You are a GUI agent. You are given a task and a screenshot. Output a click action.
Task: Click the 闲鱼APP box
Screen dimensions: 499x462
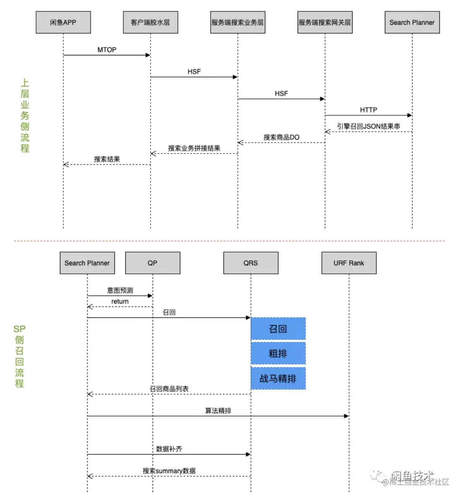pos(63,22)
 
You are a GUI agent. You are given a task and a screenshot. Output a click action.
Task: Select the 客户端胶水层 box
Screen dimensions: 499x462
pos(151,22)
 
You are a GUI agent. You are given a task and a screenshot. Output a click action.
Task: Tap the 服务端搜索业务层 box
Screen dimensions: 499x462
pos(238,22)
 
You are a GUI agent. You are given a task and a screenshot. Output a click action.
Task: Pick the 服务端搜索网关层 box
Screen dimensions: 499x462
pos(325,22)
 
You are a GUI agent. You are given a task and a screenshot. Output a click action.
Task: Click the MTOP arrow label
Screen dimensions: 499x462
pos(107,50)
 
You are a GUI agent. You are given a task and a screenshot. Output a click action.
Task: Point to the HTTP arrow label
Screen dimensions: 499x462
pos(369,110)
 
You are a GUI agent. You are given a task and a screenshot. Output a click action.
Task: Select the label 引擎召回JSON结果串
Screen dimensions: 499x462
pos(369,126)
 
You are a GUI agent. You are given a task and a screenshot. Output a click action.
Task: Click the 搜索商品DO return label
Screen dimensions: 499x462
pos(281,137)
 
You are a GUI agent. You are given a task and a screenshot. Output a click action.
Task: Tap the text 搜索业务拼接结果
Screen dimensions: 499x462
pos(194,148)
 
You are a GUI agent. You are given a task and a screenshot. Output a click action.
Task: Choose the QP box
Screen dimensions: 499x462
pos(153,263)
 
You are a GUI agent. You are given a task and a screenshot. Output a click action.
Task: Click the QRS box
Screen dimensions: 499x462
pos(251,263)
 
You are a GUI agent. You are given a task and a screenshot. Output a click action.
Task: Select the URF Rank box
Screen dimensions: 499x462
pos(349,263)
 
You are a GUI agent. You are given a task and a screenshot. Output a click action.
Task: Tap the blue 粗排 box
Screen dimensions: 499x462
pos(278,353)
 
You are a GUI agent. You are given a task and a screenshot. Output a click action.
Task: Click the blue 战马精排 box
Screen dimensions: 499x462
pos(278,379)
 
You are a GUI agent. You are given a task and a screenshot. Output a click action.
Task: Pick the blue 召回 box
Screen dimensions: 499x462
pos(278,329)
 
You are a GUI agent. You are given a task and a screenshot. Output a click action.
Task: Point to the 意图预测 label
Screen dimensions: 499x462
pos(120,290)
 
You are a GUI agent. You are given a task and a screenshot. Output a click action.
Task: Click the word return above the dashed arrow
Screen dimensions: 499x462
pos(120,301)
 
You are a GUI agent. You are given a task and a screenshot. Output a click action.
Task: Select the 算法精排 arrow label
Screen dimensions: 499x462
pos(218,411)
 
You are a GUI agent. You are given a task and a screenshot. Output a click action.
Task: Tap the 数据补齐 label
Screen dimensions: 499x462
pos(169,449)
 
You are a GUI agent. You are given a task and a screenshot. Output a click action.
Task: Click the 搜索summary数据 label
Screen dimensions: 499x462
pos(169,471)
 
